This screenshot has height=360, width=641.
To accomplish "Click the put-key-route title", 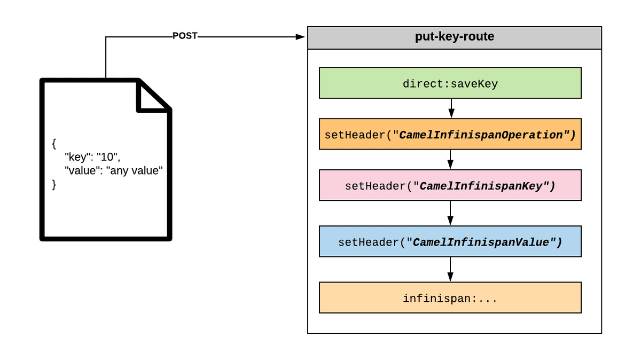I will click(454, 37).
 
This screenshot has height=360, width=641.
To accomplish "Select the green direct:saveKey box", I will click(450, 83).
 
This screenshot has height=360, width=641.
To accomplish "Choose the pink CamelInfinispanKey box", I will click(450, 185).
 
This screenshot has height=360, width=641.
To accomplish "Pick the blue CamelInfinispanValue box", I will click(450, 241).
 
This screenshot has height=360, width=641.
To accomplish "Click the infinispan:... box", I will click(450, 298).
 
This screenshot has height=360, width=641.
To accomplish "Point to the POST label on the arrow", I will click(185, 36).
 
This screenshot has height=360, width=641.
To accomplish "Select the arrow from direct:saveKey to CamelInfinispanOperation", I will click(451, 108).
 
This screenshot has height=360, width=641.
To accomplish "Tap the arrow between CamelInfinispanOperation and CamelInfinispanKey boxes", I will click(450, 160).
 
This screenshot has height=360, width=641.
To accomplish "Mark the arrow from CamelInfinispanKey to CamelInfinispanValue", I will click(450, 213).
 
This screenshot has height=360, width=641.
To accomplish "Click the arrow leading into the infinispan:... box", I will click(450, 270).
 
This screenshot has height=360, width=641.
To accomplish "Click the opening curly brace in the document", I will click(54, 144).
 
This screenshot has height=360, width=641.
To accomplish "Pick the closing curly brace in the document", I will click(54, 184).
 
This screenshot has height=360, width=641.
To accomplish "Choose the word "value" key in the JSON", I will click(80, 171).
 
